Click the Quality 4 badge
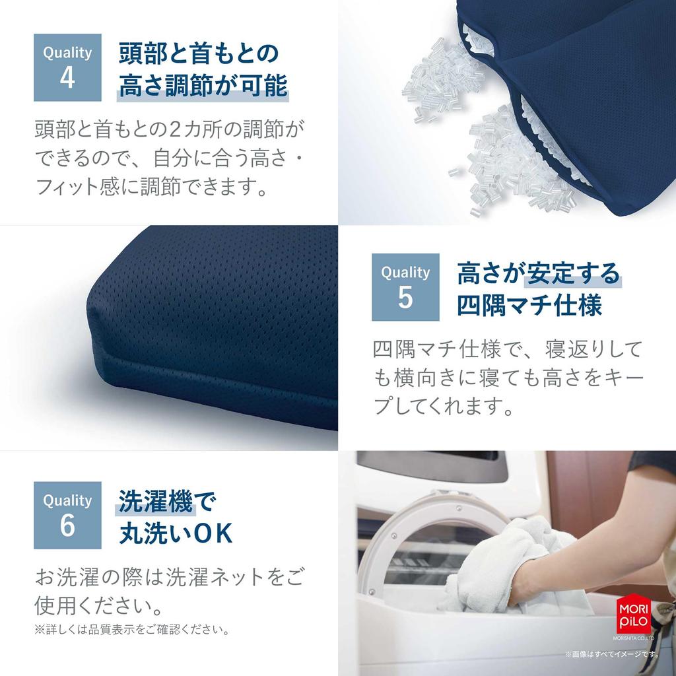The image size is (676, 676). click(x=67, y=67)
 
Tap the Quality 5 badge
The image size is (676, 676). click(x=405, y=287)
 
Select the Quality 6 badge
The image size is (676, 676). click(x=67, y=515)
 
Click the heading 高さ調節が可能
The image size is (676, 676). click(x=203, y=86)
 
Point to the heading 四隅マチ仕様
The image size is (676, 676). click(x=529, y=306)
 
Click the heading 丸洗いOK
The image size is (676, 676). click(x=176, y=534)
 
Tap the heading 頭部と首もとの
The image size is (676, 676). click(x=199, y=53)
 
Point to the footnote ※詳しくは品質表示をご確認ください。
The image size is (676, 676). click(x=132, y=630)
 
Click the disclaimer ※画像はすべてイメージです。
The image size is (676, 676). click(x=612, y=654)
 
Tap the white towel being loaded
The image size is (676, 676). click(x=502, y=561)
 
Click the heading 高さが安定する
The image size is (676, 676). click(x=539, y=273)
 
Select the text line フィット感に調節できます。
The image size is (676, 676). click(x=151, y=189)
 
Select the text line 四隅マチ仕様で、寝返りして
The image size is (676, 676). click(x=507, y=348)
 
